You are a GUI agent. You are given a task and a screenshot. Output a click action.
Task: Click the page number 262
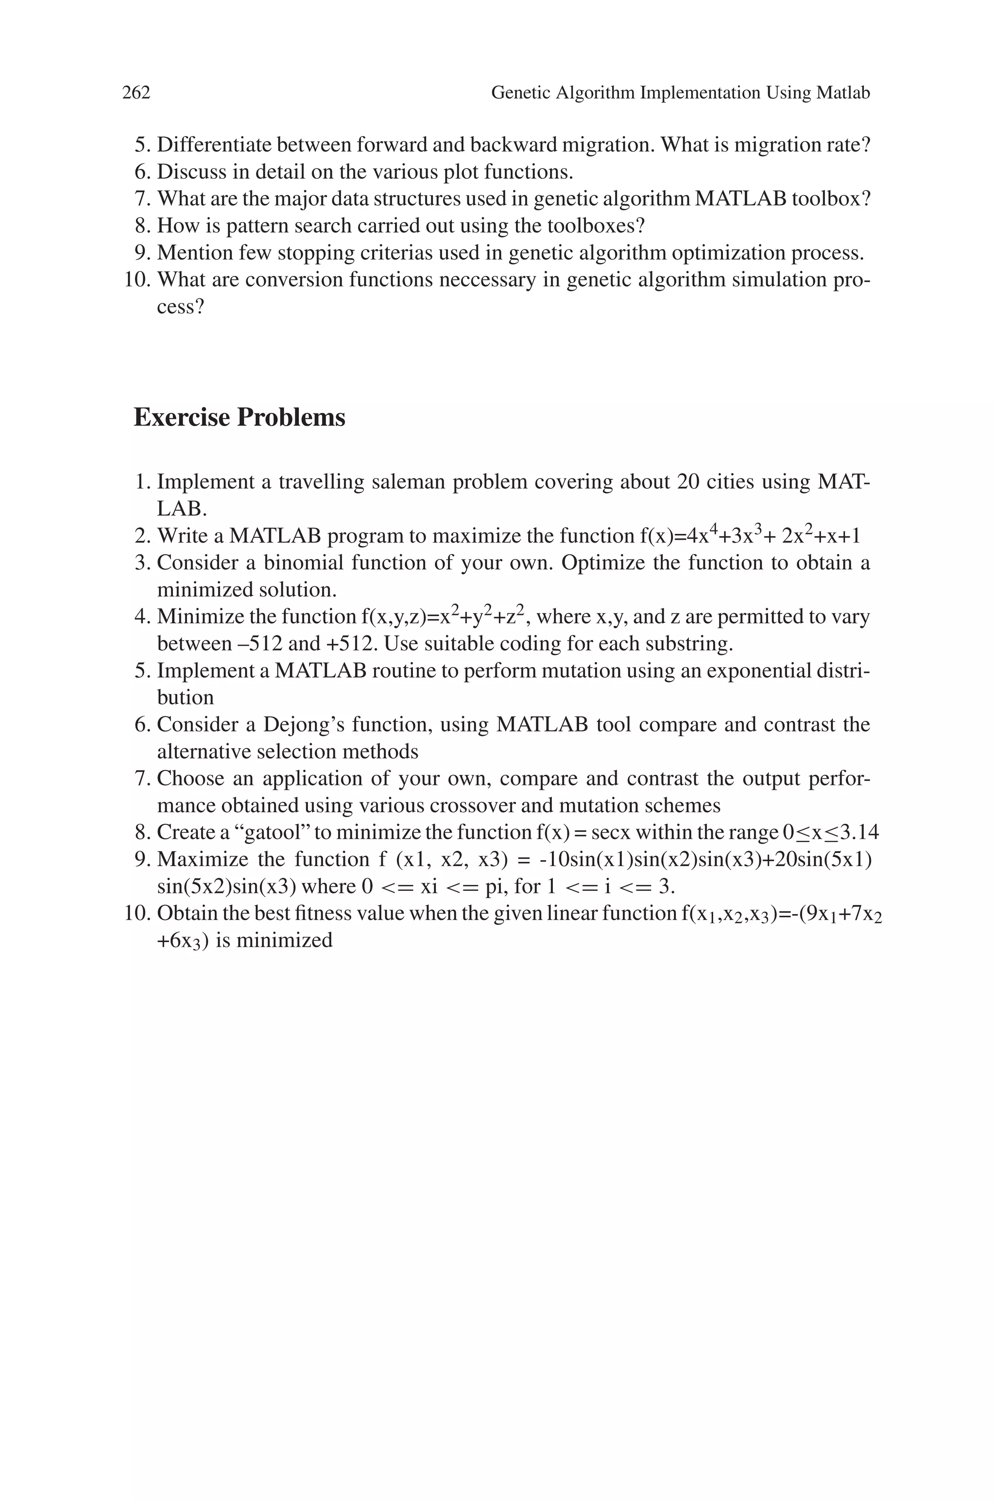[x=136, y=93]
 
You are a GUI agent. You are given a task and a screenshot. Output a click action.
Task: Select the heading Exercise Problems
[x=239, y=417]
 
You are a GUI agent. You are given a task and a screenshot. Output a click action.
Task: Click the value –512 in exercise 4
[x=257, y=644]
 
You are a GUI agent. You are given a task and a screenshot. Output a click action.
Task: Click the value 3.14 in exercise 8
[x=860, y=832]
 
